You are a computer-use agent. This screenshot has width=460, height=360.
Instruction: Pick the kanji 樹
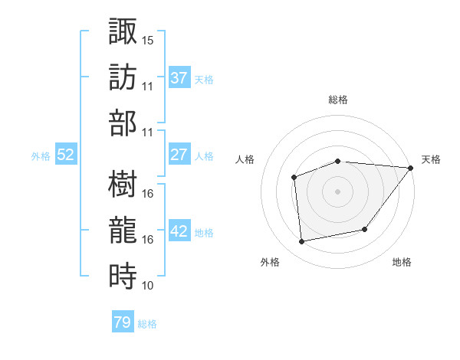(123, 184)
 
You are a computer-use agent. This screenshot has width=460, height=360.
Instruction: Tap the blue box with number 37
(179, 77)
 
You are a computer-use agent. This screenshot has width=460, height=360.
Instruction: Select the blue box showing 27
(179, 155)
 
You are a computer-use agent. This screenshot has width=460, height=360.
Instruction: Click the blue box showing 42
(179, 231)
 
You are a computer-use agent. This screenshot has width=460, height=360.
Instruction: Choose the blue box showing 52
(66, 155)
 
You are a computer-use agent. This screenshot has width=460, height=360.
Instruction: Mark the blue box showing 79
(122, 322)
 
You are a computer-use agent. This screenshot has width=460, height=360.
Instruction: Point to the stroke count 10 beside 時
(148, 286)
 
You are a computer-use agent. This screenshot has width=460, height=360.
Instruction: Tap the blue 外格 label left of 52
(41, 155)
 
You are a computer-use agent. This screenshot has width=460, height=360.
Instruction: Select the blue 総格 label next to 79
(147, 324)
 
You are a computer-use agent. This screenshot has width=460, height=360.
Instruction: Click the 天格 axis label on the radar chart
(431, 159)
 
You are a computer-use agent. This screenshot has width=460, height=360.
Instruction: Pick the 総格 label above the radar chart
(337, 100)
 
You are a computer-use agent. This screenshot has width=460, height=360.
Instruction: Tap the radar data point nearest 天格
(411, 168)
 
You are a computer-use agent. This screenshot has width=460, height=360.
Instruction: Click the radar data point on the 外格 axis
(302, 242)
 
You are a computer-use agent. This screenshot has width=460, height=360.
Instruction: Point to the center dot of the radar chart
(337, 191)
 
